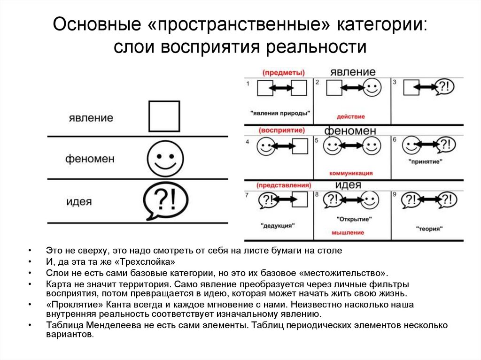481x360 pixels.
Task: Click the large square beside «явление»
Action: click(164, 116)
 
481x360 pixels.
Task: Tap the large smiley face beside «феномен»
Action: click(164, 158)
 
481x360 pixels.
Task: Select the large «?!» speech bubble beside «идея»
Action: click(164, 202)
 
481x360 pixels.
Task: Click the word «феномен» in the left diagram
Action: click(90, 159)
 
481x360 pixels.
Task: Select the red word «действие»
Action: click(350, 116)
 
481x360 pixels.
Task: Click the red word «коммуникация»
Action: click(351, 173)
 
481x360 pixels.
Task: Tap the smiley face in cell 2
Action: click(372, 88)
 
